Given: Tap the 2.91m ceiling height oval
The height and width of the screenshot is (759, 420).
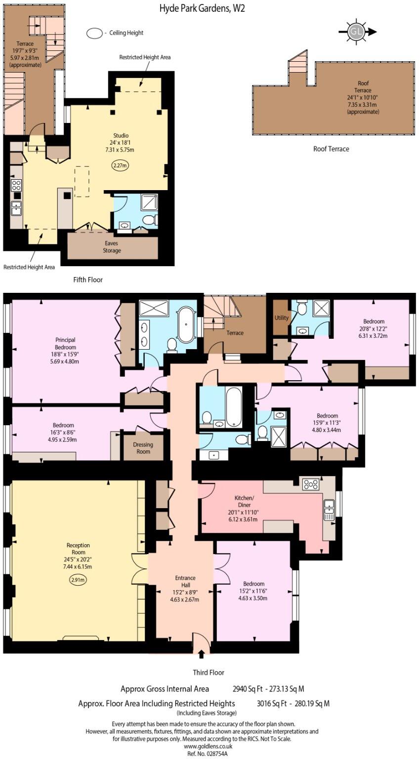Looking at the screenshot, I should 78,580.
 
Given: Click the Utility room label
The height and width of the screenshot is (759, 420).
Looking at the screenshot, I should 282,318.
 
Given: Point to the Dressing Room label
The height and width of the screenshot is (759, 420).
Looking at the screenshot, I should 143,448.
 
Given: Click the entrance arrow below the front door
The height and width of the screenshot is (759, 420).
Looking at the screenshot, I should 201,655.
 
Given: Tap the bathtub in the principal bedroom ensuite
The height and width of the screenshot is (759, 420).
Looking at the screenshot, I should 186,325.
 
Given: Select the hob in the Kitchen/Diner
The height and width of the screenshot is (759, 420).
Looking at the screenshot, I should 311,484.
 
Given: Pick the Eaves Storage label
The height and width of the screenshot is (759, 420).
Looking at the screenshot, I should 112,247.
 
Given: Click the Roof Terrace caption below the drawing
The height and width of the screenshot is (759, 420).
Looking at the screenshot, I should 331,149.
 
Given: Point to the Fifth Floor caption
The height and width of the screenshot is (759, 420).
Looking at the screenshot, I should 88,280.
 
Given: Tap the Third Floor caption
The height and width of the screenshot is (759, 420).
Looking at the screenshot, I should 209,673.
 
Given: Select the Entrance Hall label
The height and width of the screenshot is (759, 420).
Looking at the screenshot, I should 185,589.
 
